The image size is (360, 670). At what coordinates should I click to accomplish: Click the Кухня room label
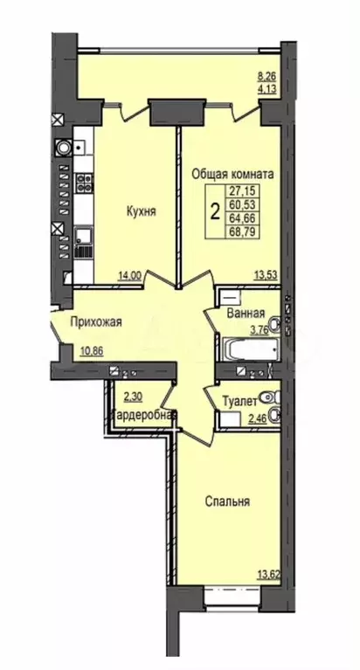coord(141,211)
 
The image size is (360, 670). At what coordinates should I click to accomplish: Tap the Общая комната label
coord(232,175)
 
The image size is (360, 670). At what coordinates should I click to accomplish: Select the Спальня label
coord(227,501)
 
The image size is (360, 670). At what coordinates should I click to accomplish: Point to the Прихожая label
coord(96,321)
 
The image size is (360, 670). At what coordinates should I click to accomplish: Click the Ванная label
coord(246,314)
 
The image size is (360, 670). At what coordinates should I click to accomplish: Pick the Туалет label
coord(240,401)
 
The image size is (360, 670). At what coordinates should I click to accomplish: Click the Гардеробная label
coord(144,414)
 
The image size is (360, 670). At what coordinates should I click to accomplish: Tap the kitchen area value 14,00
coord(130,276)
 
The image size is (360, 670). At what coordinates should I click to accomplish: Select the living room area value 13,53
coord(266,275)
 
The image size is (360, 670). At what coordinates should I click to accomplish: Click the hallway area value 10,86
coord(93,352)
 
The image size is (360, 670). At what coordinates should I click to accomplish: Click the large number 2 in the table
coord(216,211)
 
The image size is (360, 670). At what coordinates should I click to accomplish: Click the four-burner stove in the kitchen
coord(84,183)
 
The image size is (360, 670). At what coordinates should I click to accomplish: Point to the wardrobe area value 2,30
coord(133,397)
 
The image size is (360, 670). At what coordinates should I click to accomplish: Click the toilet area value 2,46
coord(258,418)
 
